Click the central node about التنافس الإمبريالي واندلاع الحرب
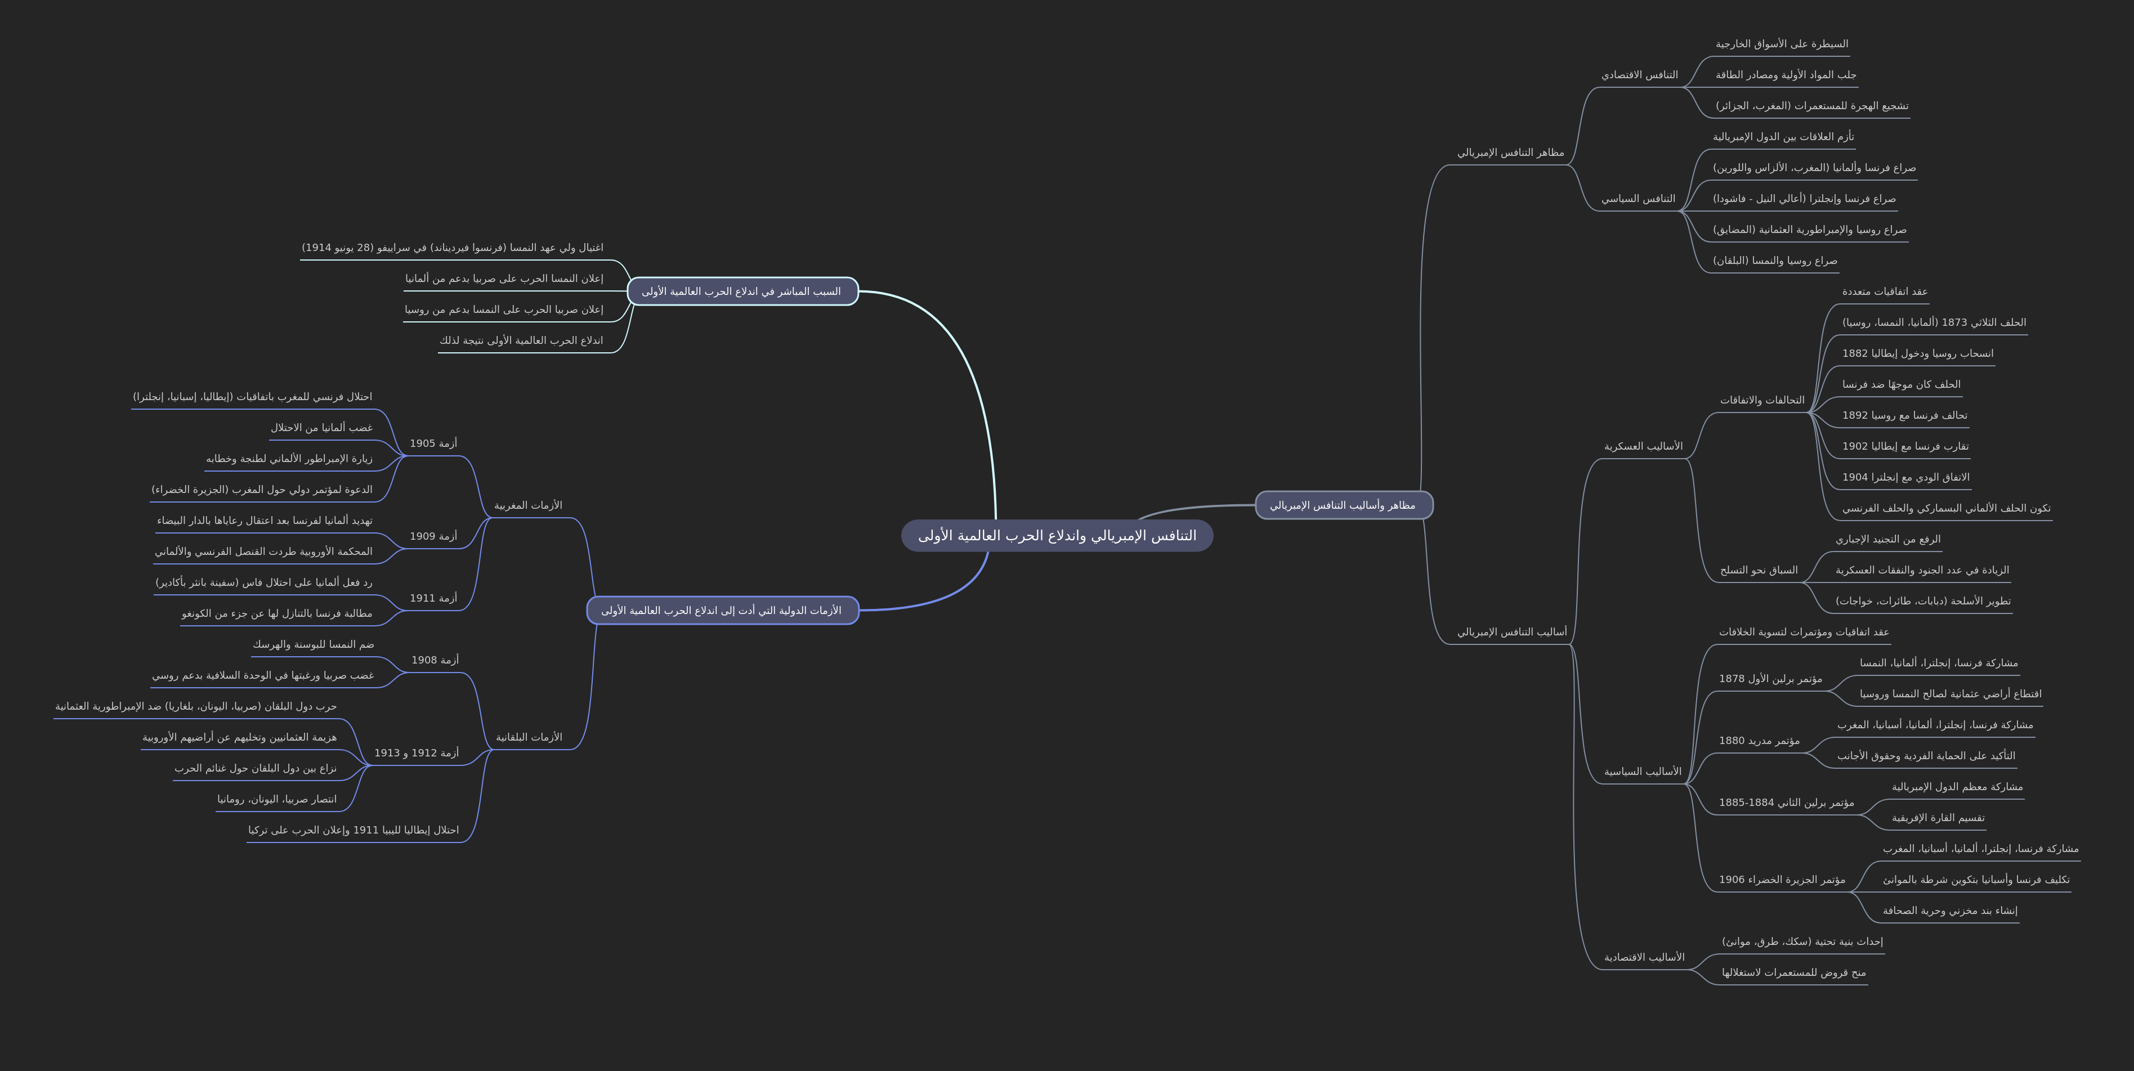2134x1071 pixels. pyautogui.click(x=1057, y=536)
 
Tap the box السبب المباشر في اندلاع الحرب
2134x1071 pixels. pyautogui.click(x=742, y=292)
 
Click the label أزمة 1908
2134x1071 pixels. pyautogui.click(x=435, y=660)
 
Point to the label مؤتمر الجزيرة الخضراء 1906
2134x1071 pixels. pyautogui.click(x=1782, y=880)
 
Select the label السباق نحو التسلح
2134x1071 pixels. pyautogui.click(x=1759, y=570)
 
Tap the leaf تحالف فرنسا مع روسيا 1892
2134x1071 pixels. pyautogui.click(x=1904, y=415)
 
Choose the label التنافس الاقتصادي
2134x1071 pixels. pyautogui.click(x=1639, y=74)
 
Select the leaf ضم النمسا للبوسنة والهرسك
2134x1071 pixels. pyautogui.click(x=313, y=644)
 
